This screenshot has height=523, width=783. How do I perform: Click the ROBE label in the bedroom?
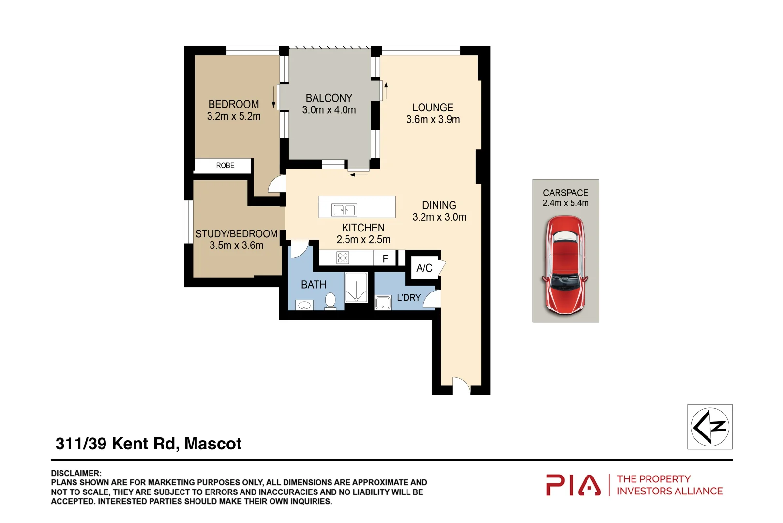(225, 166)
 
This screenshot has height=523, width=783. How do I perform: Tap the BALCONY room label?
(329, 98)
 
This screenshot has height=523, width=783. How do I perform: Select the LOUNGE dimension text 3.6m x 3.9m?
(433, 120)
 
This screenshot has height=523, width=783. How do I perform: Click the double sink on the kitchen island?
(344, 210)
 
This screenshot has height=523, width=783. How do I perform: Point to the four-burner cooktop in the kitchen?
(343, 258)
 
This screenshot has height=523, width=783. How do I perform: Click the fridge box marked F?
(385, 259)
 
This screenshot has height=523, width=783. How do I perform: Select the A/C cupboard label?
(424, 268)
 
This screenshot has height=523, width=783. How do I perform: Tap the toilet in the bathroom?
(331, 301)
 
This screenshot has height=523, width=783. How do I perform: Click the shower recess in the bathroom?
(356, 287)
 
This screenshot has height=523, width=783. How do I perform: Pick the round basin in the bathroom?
(304, 306)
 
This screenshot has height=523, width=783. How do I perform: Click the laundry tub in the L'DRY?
(383, 304)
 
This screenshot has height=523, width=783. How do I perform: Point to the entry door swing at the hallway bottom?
(461, 386)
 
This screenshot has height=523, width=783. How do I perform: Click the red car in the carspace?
(565, 265)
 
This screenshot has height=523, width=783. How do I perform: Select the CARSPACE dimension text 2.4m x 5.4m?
(565, 203)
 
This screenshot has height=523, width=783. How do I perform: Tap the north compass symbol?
(709, 427)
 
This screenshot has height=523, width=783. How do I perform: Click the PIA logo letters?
(573, 485)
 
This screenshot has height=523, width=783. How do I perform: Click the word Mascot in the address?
(213, 444)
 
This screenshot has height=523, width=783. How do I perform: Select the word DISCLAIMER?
(76, 473)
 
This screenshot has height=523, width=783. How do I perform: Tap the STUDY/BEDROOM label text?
(236, 234)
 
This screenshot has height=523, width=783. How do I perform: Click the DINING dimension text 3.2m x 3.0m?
(439, 217)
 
